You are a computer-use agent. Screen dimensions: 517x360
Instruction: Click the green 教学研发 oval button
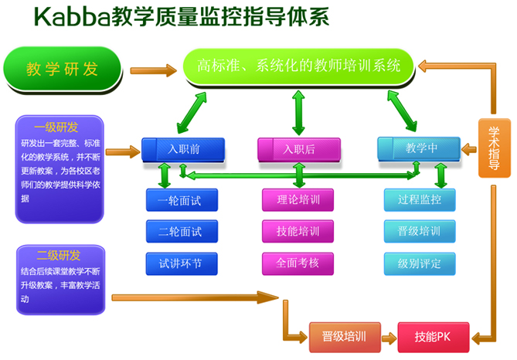(x=63, y=70)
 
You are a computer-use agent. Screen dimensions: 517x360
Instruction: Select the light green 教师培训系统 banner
(x=298, y=66)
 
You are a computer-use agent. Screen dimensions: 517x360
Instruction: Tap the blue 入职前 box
(x=183, y=150)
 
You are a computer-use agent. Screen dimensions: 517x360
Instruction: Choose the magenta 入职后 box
(x=299, y=150)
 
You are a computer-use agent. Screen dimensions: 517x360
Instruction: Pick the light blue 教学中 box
(x=419, y=149)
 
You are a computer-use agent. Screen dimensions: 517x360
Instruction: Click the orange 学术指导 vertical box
(x=495, y=148)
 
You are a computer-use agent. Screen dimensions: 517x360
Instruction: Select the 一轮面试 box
(x=182, y=200)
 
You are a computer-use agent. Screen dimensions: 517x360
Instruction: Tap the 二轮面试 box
(x=182, y=232)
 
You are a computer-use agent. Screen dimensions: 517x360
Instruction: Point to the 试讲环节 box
(x=182, y=263)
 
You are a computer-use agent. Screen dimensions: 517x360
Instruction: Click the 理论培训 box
(x=298, y=200)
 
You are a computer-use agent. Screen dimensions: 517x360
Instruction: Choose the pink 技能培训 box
(x=298, y=231)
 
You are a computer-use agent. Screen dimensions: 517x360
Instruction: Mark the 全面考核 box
(x=298, y=263)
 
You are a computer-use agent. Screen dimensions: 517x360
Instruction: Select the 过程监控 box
(x=420, y=200)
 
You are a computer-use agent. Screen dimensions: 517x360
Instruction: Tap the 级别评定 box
(x=420, y=263)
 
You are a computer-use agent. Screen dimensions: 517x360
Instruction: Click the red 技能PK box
(x=434, y=338)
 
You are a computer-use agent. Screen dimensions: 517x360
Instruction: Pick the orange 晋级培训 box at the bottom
(x=345, y=338)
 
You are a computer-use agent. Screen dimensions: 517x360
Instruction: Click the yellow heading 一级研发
(x=56, y=127)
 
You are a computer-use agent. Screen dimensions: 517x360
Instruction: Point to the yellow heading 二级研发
(x=59, y=256)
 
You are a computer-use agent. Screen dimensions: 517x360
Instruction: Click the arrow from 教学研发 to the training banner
(x=154, y=70)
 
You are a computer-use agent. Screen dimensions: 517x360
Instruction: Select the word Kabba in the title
(x=72, y=16)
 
